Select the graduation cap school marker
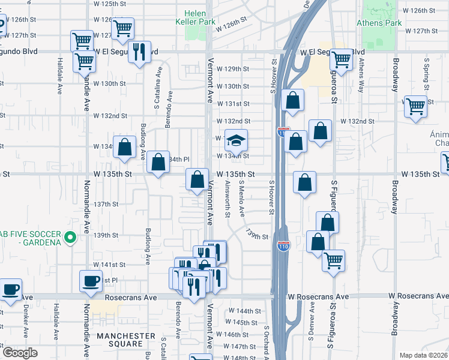(237, 141)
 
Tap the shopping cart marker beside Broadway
(415, 107)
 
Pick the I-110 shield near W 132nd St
(283, 131)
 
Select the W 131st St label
(233, 104)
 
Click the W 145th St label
(246, 322)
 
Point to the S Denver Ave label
(312, 317)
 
